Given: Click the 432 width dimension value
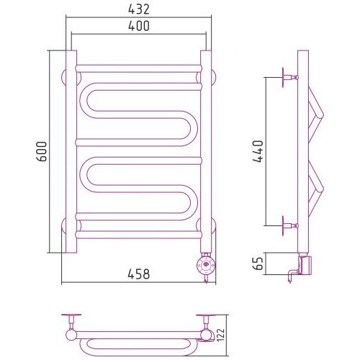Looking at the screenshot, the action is pyautogui.click(x=139, y=9).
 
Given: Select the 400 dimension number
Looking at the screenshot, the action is pyautogui.click(x=139, y=26).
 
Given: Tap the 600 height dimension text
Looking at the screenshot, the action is pyautogui.click(x=42, y=151).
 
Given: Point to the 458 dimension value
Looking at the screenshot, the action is pyautogui.click(x=139, y=274).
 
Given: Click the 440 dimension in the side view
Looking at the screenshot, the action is pyautogui.click(x=258, y=151).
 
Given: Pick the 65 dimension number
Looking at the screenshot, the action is pyautogui.click(x=258, y=264).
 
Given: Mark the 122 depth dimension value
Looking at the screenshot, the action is pyautogui.click(x=220, y=335).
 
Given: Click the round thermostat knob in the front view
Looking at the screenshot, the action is pyautogui.click(x=206, y=265).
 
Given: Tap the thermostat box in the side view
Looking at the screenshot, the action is pyautogui.click(x=305, y=266).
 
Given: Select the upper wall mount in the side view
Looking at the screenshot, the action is pyautogui.click(x=290, y=77).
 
